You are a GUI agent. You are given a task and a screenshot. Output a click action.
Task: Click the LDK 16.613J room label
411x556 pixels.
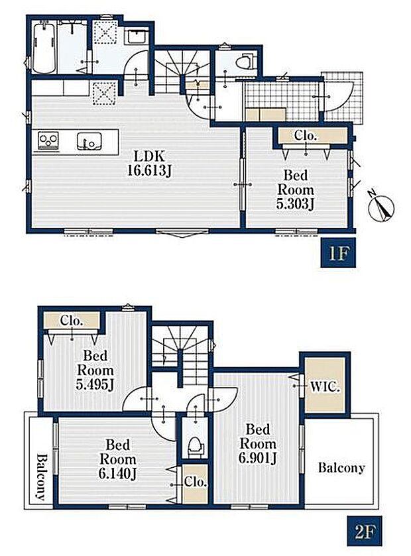[x=149, y=164]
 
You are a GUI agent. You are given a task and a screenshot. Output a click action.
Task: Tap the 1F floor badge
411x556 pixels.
[x=338, y=253]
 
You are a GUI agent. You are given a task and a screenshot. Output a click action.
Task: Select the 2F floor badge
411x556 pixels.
[x=364, y=530]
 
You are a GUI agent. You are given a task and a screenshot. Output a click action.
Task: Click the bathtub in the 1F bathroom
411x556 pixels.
[x=44, y=46]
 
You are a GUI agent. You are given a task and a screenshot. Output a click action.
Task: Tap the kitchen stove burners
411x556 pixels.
[x=48, y=140]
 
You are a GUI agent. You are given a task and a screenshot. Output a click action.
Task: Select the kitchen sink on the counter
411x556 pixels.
[x=89, y=141]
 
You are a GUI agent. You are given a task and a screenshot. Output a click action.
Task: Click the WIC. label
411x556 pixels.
[x=325, y=386]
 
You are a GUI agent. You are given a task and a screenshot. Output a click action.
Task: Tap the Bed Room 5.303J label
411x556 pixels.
[x=296, y=190]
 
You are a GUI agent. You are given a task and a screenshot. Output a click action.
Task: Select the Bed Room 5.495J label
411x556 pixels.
[x=95, y=370]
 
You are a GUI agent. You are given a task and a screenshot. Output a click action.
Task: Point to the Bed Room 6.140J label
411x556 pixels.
[x=118, y=459]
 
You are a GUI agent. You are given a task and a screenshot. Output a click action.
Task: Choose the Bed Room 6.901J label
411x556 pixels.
[x=258, y=444]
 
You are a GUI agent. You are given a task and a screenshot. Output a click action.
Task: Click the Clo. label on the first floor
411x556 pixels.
[x=305, y=135]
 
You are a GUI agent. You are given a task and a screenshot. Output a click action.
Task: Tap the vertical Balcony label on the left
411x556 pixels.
[x=42, y=477]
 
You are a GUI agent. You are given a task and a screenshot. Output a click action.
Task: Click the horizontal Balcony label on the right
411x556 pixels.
[x=341, y=468]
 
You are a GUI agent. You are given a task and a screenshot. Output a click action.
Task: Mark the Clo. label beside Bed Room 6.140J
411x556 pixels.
[x=196, y=482]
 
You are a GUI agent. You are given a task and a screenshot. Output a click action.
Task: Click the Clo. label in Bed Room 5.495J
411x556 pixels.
[x=72, y=321]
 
